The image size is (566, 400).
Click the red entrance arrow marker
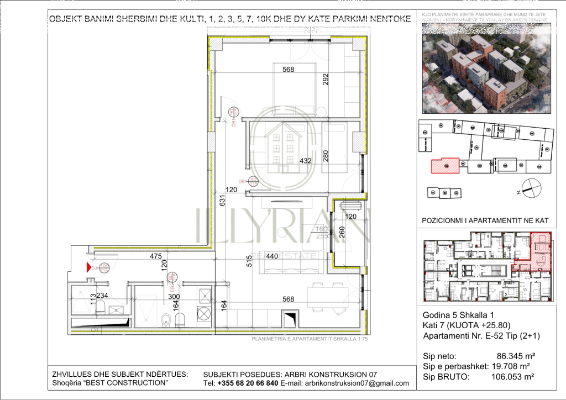(x=88, y=268)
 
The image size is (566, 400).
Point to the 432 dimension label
(x=305, y=161)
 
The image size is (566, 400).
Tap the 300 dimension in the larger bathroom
(x=159, y=296)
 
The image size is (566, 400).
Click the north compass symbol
(x=528, y=187)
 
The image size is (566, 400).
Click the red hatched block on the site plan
(x=445, y=165)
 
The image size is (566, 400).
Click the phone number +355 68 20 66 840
(x=248, y=383)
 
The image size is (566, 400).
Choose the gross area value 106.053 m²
(x=512, y=377)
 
